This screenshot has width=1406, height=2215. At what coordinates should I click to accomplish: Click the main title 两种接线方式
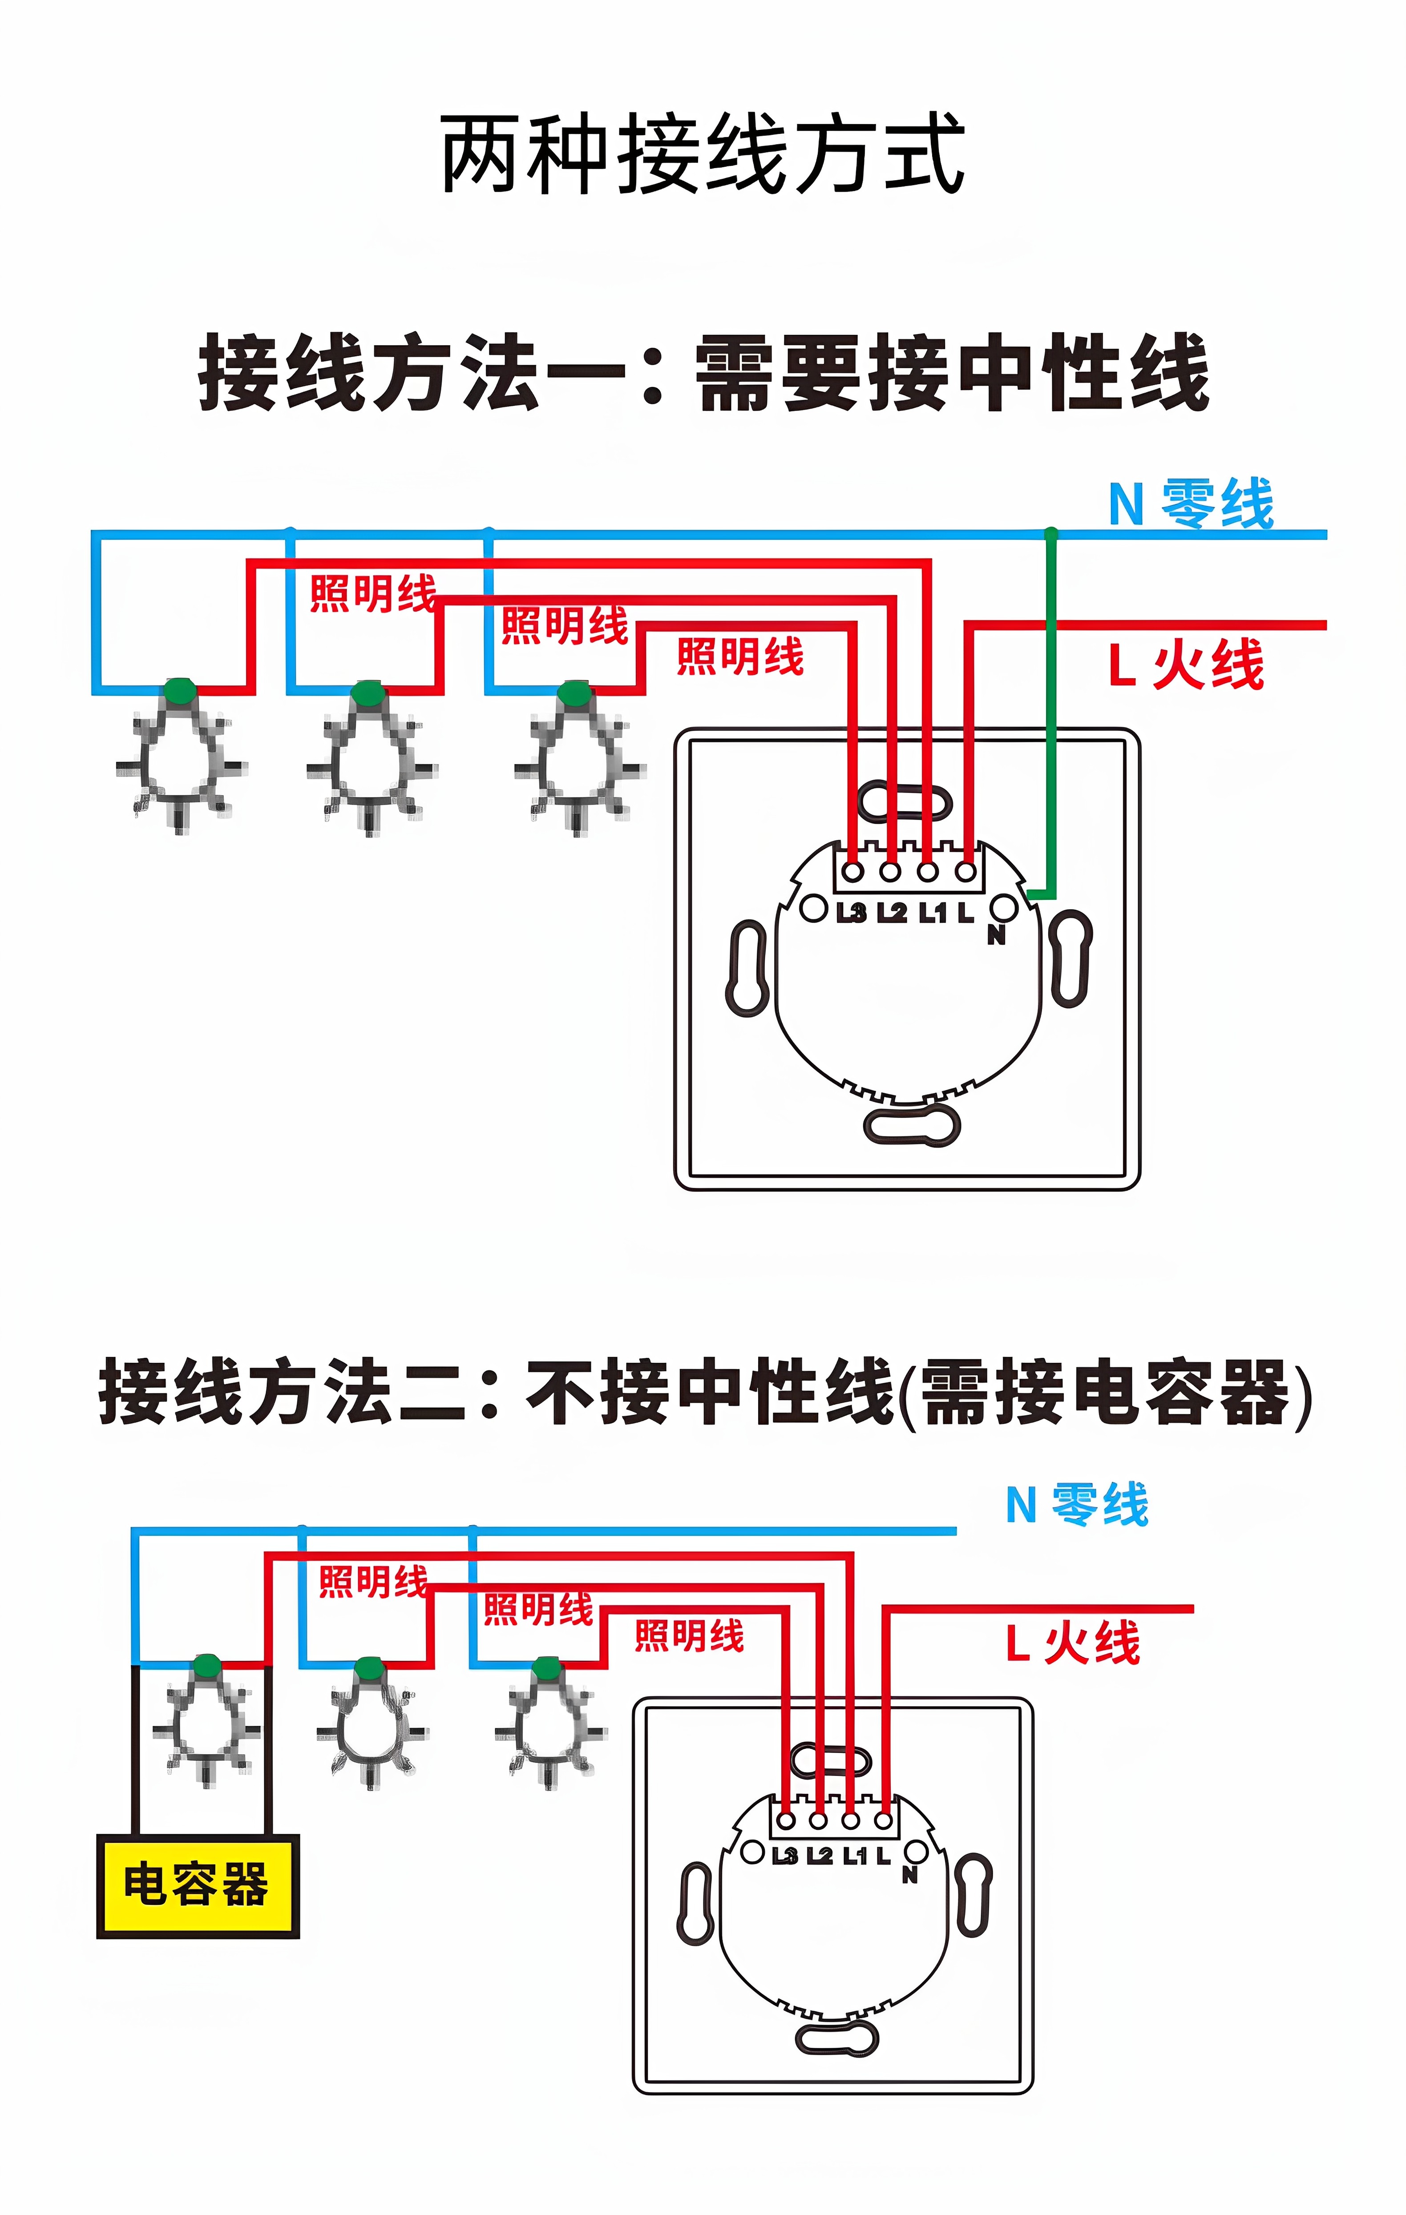702,154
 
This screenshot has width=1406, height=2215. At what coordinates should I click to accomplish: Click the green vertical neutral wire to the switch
1052,717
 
